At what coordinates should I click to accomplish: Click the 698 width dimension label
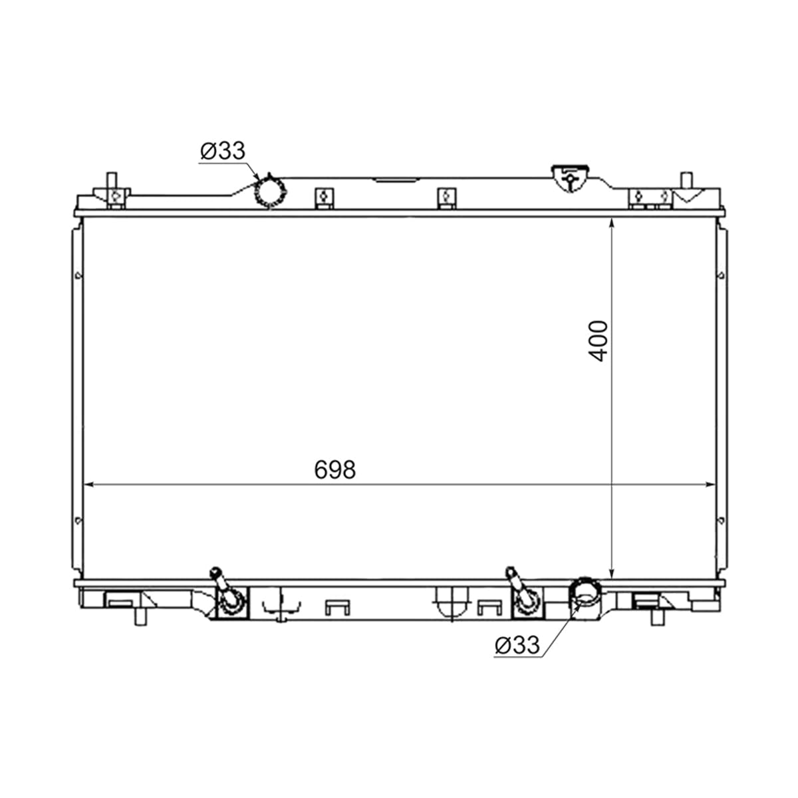click(335, 469)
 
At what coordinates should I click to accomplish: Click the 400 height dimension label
click(598, 341)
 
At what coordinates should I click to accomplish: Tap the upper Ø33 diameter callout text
click(223, 151)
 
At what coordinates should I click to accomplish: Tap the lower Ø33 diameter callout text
click(517, 645)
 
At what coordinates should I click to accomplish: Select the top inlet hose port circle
click(271, 192)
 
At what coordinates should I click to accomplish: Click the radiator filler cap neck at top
click(571, 178)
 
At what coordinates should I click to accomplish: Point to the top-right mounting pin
click(687, 181)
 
